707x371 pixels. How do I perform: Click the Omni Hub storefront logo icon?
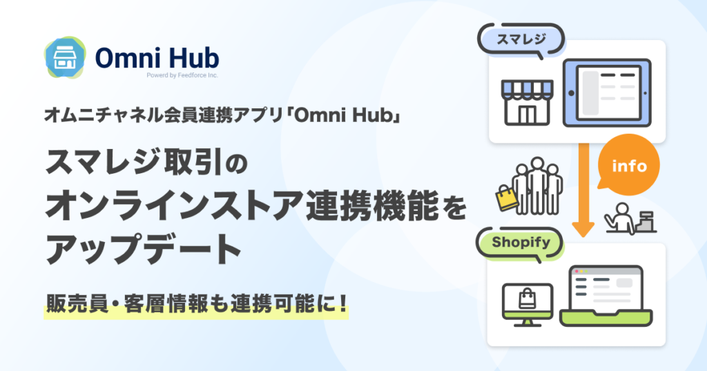pos(65,58)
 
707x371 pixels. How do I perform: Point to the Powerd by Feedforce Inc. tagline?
pos(182,75)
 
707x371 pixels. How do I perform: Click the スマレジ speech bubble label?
pos(521,39)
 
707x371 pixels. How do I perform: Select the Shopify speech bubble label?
pos(521,243)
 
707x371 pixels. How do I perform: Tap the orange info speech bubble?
pos(628,166)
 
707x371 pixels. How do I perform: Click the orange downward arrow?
pos(583,190)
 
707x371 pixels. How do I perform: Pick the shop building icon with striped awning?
pos(527,103)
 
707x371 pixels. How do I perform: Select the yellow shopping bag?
pos(507,198)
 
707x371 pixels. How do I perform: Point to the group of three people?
pos(537,186)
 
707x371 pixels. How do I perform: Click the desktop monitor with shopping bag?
pos(527,305)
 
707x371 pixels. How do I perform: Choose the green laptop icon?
pos(606,297)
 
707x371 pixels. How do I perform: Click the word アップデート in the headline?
pos(144,248)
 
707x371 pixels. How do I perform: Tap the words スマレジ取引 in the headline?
pos(134,161)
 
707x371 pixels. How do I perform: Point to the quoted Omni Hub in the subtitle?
pos(347,116)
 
